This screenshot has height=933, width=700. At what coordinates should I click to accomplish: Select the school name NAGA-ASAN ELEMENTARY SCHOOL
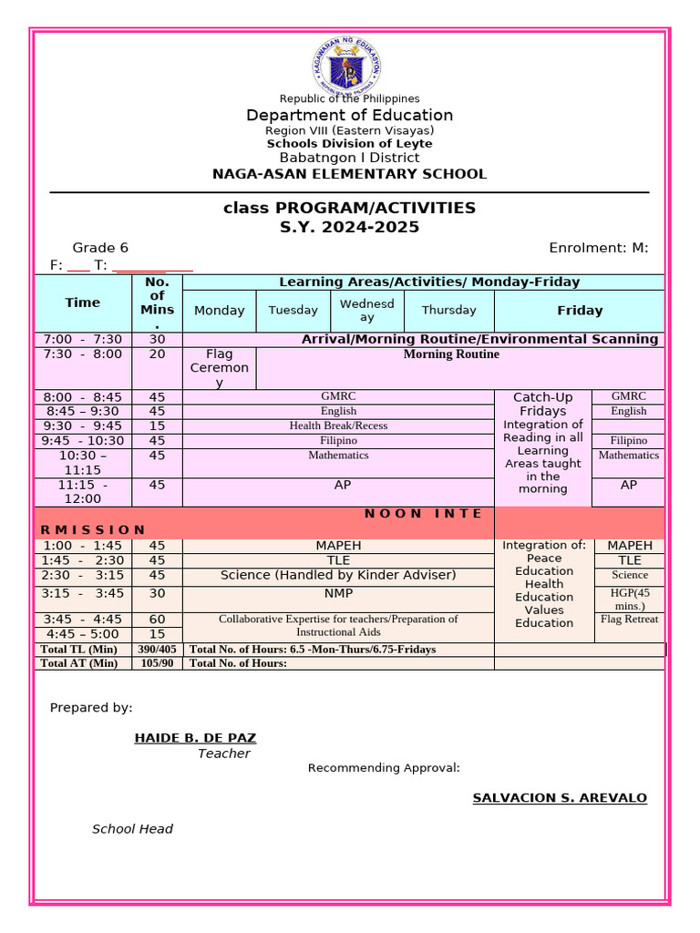click(x=349, y=174)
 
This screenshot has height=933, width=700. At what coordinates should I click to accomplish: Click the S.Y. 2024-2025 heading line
click(x=349, y=227)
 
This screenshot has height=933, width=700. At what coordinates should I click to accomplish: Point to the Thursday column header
click(x=448, y=310)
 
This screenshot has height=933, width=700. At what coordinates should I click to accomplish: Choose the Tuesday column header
click(x=293, y=310)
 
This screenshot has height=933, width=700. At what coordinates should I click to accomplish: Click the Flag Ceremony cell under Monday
click(x=219, y=368)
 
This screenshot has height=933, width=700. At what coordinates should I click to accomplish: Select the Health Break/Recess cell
click(x=338, y=425)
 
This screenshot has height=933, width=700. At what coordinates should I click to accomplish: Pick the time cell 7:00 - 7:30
click(x=83, y=339)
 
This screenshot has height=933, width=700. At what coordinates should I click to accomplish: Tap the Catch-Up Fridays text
click(x=543, y=404)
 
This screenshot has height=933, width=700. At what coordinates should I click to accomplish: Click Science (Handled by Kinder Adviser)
click(x=338, y=575)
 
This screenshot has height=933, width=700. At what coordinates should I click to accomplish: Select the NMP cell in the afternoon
click(x=338, y=593)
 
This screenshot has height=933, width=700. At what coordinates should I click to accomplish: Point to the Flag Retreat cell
click(x=629, y=620)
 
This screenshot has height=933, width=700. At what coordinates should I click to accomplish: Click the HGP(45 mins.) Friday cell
click(x=629, y=599)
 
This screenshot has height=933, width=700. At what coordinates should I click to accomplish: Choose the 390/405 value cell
click(x=157, y=650)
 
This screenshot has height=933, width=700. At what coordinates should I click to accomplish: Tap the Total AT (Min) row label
click(x=80, y=663)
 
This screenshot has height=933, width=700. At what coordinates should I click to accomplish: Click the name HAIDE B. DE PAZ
click(x=195, y=737)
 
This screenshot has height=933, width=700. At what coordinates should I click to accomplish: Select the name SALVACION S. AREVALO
click(x=560, y=798)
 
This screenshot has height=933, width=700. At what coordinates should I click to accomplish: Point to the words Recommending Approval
click(x=384, y=768)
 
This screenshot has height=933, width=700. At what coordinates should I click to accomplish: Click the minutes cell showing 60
click(x=157, y=620)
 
